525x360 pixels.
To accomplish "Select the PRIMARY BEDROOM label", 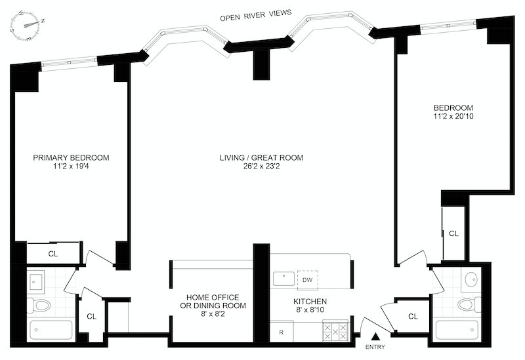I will pyautogui.click(x=71, y=157).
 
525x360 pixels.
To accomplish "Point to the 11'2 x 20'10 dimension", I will pyautogui.click(x=453, y=117).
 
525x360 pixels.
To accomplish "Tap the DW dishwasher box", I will pyautogui.click(x=306, y=279).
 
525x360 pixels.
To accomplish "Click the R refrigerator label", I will pyautogui.click(x=281, y=332).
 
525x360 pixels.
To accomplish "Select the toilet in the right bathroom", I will pyautogui.click(x=469, y=304).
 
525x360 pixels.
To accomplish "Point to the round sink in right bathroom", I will pyautogui.click(x=471, y=279).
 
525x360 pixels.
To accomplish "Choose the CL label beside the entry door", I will pyautogui.click(x=413, y=317).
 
